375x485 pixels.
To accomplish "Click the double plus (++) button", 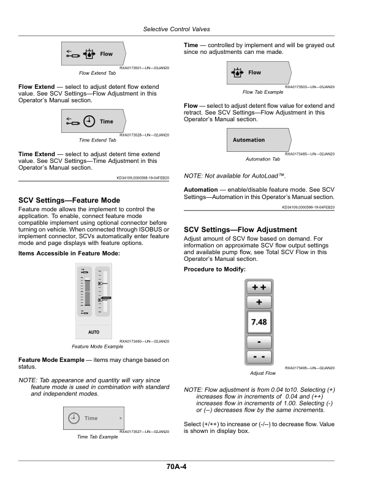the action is [x=259, y=287].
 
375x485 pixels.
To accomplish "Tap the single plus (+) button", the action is [x=259, y=302].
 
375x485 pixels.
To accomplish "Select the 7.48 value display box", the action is [x=259, y=322].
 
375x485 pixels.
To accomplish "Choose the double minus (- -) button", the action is [x=259, y=356].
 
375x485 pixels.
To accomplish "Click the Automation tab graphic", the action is [x=259, y=140].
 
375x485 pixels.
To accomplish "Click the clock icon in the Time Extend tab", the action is [x=89, y=121].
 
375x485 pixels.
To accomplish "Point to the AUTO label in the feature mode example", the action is [x=94, y=332].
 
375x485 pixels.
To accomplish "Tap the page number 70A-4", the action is [x=176, y=467].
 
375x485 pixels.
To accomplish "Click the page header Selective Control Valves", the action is [x=176, y=29].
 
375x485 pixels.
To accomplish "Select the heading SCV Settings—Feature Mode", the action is [x=69, y=200].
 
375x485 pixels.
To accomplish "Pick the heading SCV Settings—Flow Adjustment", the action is [x=240, y=230].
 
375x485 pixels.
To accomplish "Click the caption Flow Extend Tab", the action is [x=97, y=73].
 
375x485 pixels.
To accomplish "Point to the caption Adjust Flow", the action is [x=263, y=373].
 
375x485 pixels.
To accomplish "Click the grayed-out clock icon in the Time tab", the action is [x=74, y=418].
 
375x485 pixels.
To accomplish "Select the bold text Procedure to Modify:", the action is [x=214, y=269].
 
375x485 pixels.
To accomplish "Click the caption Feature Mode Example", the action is [x=97, y=347].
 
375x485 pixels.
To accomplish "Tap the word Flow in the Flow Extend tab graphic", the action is [x=106, y=54].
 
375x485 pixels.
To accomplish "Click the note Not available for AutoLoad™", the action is [x=235, y=176].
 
